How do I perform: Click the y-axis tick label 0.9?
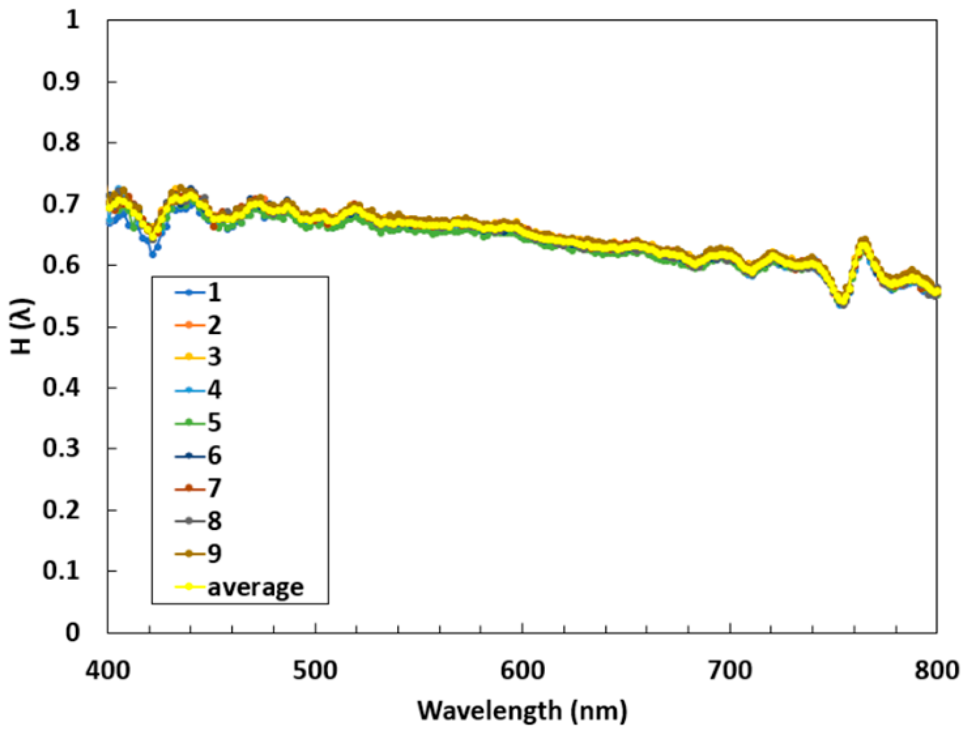tap(61, 82)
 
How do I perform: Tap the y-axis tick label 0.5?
tap(61, 327)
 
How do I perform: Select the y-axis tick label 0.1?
tap(61, 571)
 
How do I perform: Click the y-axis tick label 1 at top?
tap(73, 20)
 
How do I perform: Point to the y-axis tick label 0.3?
tap(61, 449)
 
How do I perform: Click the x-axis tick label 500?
tap(315, 671)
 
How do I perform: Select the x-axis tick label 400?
tap(108, 671)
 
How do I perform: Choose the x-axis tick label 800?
tap(936, 671)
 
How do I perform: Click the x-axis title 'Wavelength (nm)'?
tap(522, 711)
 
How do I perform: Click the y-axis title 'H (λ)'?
tap(22, 326)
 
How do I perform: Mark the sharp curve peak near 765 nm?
tap(864, 241)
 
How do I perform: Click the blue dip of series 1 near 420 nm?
tap(153, 254)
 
